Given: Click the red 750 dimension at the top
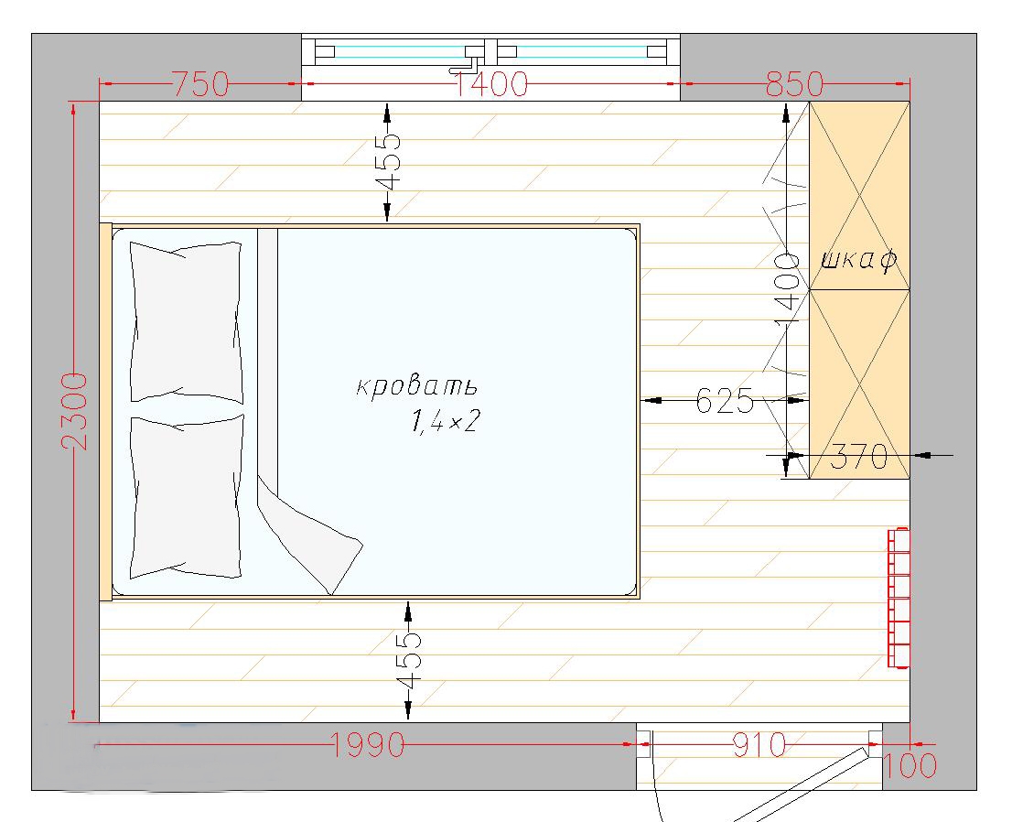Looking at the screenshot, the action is click(x=201, y=84).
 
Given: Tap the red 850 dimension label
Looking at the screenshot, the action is click(x=794, y=84).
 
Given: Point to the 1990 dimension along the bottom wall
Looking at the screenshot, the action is click(x=368, y=745).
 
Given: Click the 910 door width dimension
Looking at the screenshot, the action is click(x=759, y=745).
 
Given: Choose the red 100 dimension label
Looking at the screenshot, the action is click(x=910, y=766).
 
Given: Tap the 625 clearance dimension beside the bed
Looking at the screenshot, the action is click(x=725, y=401).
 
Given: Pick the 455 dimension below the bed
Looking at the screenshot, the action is click(x=408, y=660).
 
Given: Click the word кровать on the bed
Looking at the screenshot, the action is click(x=417, y=385).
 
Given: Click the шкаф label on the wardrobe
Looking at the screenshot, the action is click(x=859, y=260).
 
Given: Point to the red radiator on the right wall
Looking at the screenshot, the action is click(x=899, y=598).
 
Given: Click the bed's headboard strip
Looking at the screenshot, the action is click(x=105, y=412).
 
